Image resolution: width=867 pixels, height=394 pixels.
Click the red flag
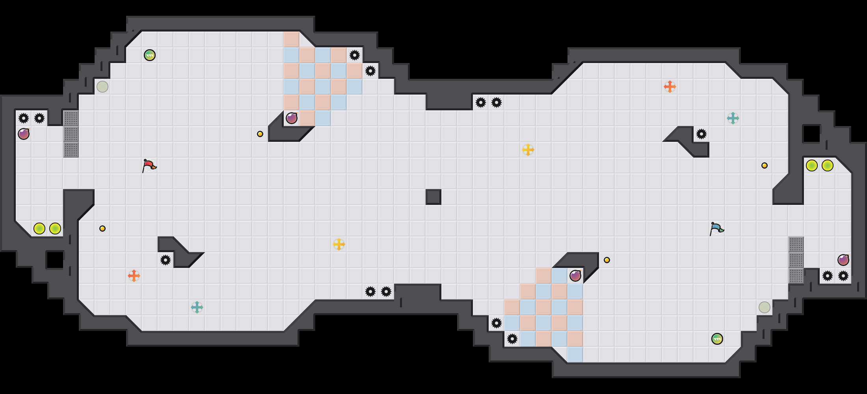click(149, 166)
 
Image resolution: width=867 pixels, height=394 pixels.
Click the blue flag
click(716, 229)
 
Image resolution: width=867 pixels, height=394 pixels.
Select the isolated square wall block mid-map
click(433, 197)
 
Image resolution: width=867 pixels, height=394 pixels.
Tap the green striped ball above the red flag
click(150, 55)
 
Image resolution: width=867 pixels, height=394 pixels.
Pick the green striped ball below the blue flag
click(717, 339)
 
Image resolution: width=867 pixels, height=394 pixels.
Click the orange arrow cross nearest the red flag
click(134, 276)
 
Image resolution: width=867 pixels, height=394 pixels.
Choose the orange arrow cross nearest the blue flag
click(670, 87)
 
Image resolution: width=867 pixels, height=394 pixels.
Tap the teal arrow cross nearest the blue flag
click(733, 118)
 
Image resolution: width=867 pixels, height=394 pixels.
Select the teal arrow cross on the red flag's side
click(197, 307)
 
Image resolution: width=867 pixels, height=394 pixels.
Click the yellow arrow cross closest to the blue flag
click(528, 150)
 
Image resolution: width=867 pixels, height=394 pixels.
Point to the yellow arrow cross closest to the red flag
click(339, 244)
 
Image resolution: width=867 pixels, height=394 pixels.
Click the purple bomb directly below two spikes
click(24, 134)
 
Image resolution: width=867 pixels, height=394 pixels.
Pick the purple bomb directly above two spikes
click(843, 260)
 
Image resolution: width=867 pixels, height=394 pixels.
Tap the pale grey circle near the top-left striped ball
click(102, 87)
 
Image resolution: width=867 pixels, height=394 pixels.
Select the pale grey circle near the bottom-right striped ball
click(765, 307)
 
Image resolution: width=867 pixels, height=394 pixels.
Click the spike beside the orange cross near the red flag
click(166, 260)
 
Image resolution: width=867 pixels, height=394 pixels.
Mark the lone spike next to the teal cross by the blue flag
click(701, 134)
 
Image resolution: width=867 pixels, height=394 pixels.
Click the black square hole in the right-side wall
click(812, 134)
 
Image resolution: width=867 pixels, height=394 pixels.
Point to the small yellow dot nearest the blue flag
click(765, 165)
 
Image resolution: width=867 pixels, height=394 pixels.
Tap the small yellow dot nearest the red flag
click(102, 229)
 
